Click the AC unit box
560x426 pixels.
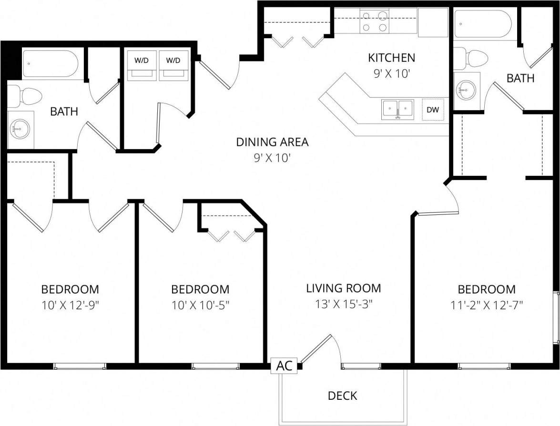pyautogui.click(x=285, y=366)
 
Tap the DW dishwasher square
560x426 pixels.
pyautogui.click(x=433, y=110)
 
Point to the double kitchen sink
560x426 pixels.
pyautogui.click(x=397, y=109)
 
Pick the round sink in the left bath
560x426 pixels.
pyautogui.click(x=20, y=128)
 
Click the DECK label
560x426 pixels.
pyautogui.click(x=342, y=396)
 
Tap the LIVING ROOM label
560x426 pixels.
pyautogui.click(x=343, y=288)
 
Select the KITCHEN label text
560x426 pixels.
pyautogui.click(x=391, y=58)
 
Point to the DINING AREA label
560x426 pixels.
pyautogui.click(x=272, y=142)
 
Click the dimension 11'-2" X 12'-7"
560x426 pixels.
pyautogui.click(x=486, y=305)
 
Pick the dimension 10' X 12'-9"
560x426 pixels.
pyautogui.click(x=70, y=305)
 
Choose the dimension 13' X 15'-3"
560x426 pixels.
pyautogui.click(x=343, y=304)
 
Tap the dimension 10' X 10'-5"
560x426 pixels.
pyautogui.click(x=200, y=305)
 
